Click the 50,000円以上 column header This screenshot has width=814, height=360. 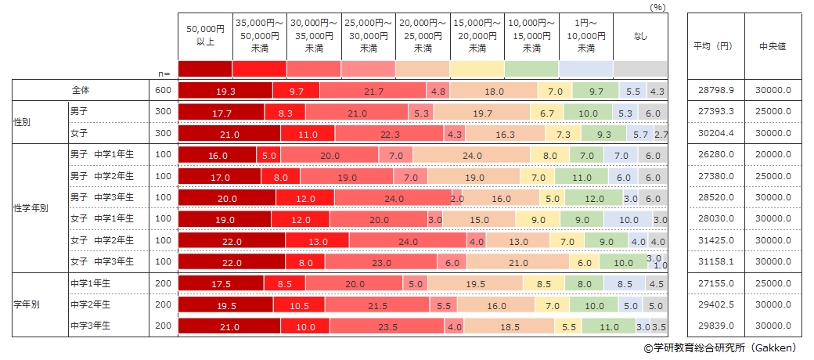coord(205,35)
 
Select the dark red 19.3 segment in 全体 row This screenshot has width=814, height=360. coord(225,91)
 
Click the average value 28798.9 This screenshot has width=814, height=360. coord(714,91)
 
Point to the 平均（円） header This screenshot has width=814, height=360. coord(714,46)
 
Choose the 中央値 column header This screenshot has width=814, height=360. coord(772,46)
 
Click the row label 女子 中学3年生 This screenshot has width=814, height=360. coord(103,261)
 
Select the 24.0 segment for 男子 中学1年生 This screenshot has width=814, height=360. coord(471,155)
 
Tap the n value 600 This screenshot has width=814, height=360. coord(164,91)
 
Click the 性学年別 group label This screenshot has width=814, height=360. coord(31,208)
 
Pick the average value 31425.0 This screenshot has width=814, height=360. coord(714,240)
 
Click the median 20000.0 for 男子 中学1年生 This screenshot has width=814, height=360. coord(772,155)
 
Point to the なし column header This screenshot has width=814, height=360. coord(640,35)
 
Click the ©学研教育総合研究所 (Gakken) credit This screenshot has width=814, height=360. coord(720,347)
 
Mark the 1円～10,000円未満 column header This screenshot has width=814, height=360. coord(585,35)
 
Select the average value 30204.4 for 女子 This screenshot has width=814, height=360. coord(714,134)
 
